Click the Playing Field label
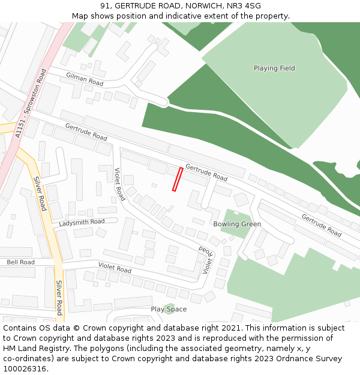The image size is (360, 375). (x=274, y=68)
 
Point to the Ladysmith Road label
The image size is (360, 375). (x=82, y=223)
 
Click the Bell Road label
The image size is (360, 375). (x=20, y=262)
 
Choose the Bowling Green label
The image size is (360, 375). (x=237, y=224)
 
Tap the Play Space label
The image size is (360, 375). (x=169, y=310)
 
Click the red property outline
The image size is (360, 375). (x=177, y=179)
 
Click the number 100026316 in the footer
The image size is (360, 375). (x=25, y=369)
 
